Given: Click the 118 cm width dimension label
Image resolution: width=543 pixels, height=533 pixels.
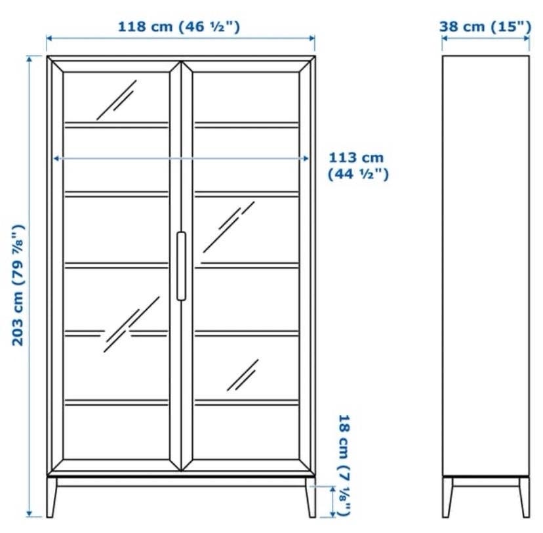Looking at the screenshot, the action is [179, 27].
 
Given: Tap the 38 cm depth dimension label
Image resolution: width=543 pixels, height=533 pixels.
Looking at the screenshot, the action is [485, 27].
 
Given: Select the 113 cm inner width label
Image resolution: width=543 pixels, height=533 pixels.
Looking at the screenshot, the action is [358, 166].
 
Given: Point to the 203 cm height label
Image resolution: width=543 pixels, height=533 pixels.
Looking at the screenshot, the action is [18, 285].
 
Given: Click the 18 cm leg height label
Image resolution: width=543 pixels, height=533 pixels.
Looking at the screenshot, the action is [344, 465].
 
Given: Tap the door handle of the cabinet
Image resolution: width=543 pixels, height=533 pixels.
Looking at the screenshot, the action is [181, 266].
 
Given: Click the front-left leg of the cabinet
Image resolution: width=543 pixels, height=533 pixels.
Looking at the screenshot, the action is [52, 498].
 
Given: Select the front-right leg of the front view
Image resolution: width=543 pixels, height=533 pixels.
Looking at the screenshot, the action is [311, 498].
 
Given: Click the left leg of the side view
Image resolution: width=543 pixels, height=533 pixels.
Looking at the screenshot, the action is [447, 498].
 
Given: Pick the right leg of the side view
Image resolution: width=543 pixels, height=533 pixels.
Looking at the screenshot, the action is [524, 498].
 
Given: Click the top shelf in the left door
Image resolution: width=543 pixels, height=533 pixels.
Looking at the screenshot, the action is [116, 125].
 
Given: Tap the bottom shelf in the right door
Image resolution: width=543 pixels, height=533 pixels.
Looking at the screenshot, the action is [247, 402].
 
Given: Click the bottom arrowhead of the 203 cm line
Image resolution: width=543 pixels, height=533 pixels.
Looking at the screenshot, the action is [30, 513].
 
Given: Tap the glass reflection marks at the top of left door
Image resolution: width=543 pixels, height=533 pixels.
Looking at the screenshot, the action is [117, 100].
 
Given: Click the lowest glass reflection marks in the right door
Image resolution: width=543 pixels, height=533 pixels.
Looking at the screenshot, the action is [243, 375].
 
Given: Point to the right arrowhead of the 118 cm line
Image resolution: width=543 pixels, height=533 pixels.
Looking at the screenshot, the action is [312, 38].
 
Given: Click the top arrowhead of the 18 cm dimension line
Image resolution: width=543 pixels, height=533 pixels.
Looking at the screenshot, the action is [332, 489].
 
